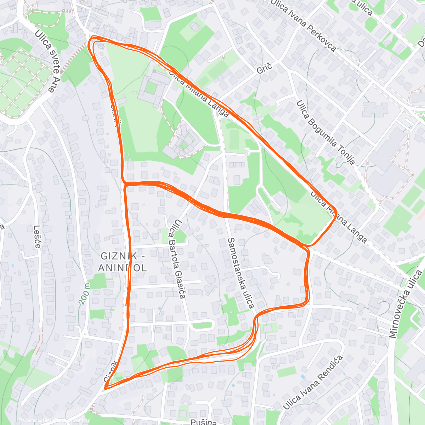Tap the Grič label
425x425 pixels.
coord(264,68)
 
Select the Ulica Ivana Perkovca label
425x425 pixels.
coord(303,25)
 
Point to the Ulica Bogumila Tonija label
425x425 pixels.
coord(325,133)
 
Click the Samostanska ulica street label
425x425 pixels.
coord(241,273)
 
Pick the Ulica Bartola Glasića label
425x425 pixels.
coord(177,259)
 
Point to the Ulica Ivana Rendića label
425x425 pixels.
coord(313,382)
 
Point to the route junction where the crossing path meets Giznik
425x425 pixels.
coord(125,184)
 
